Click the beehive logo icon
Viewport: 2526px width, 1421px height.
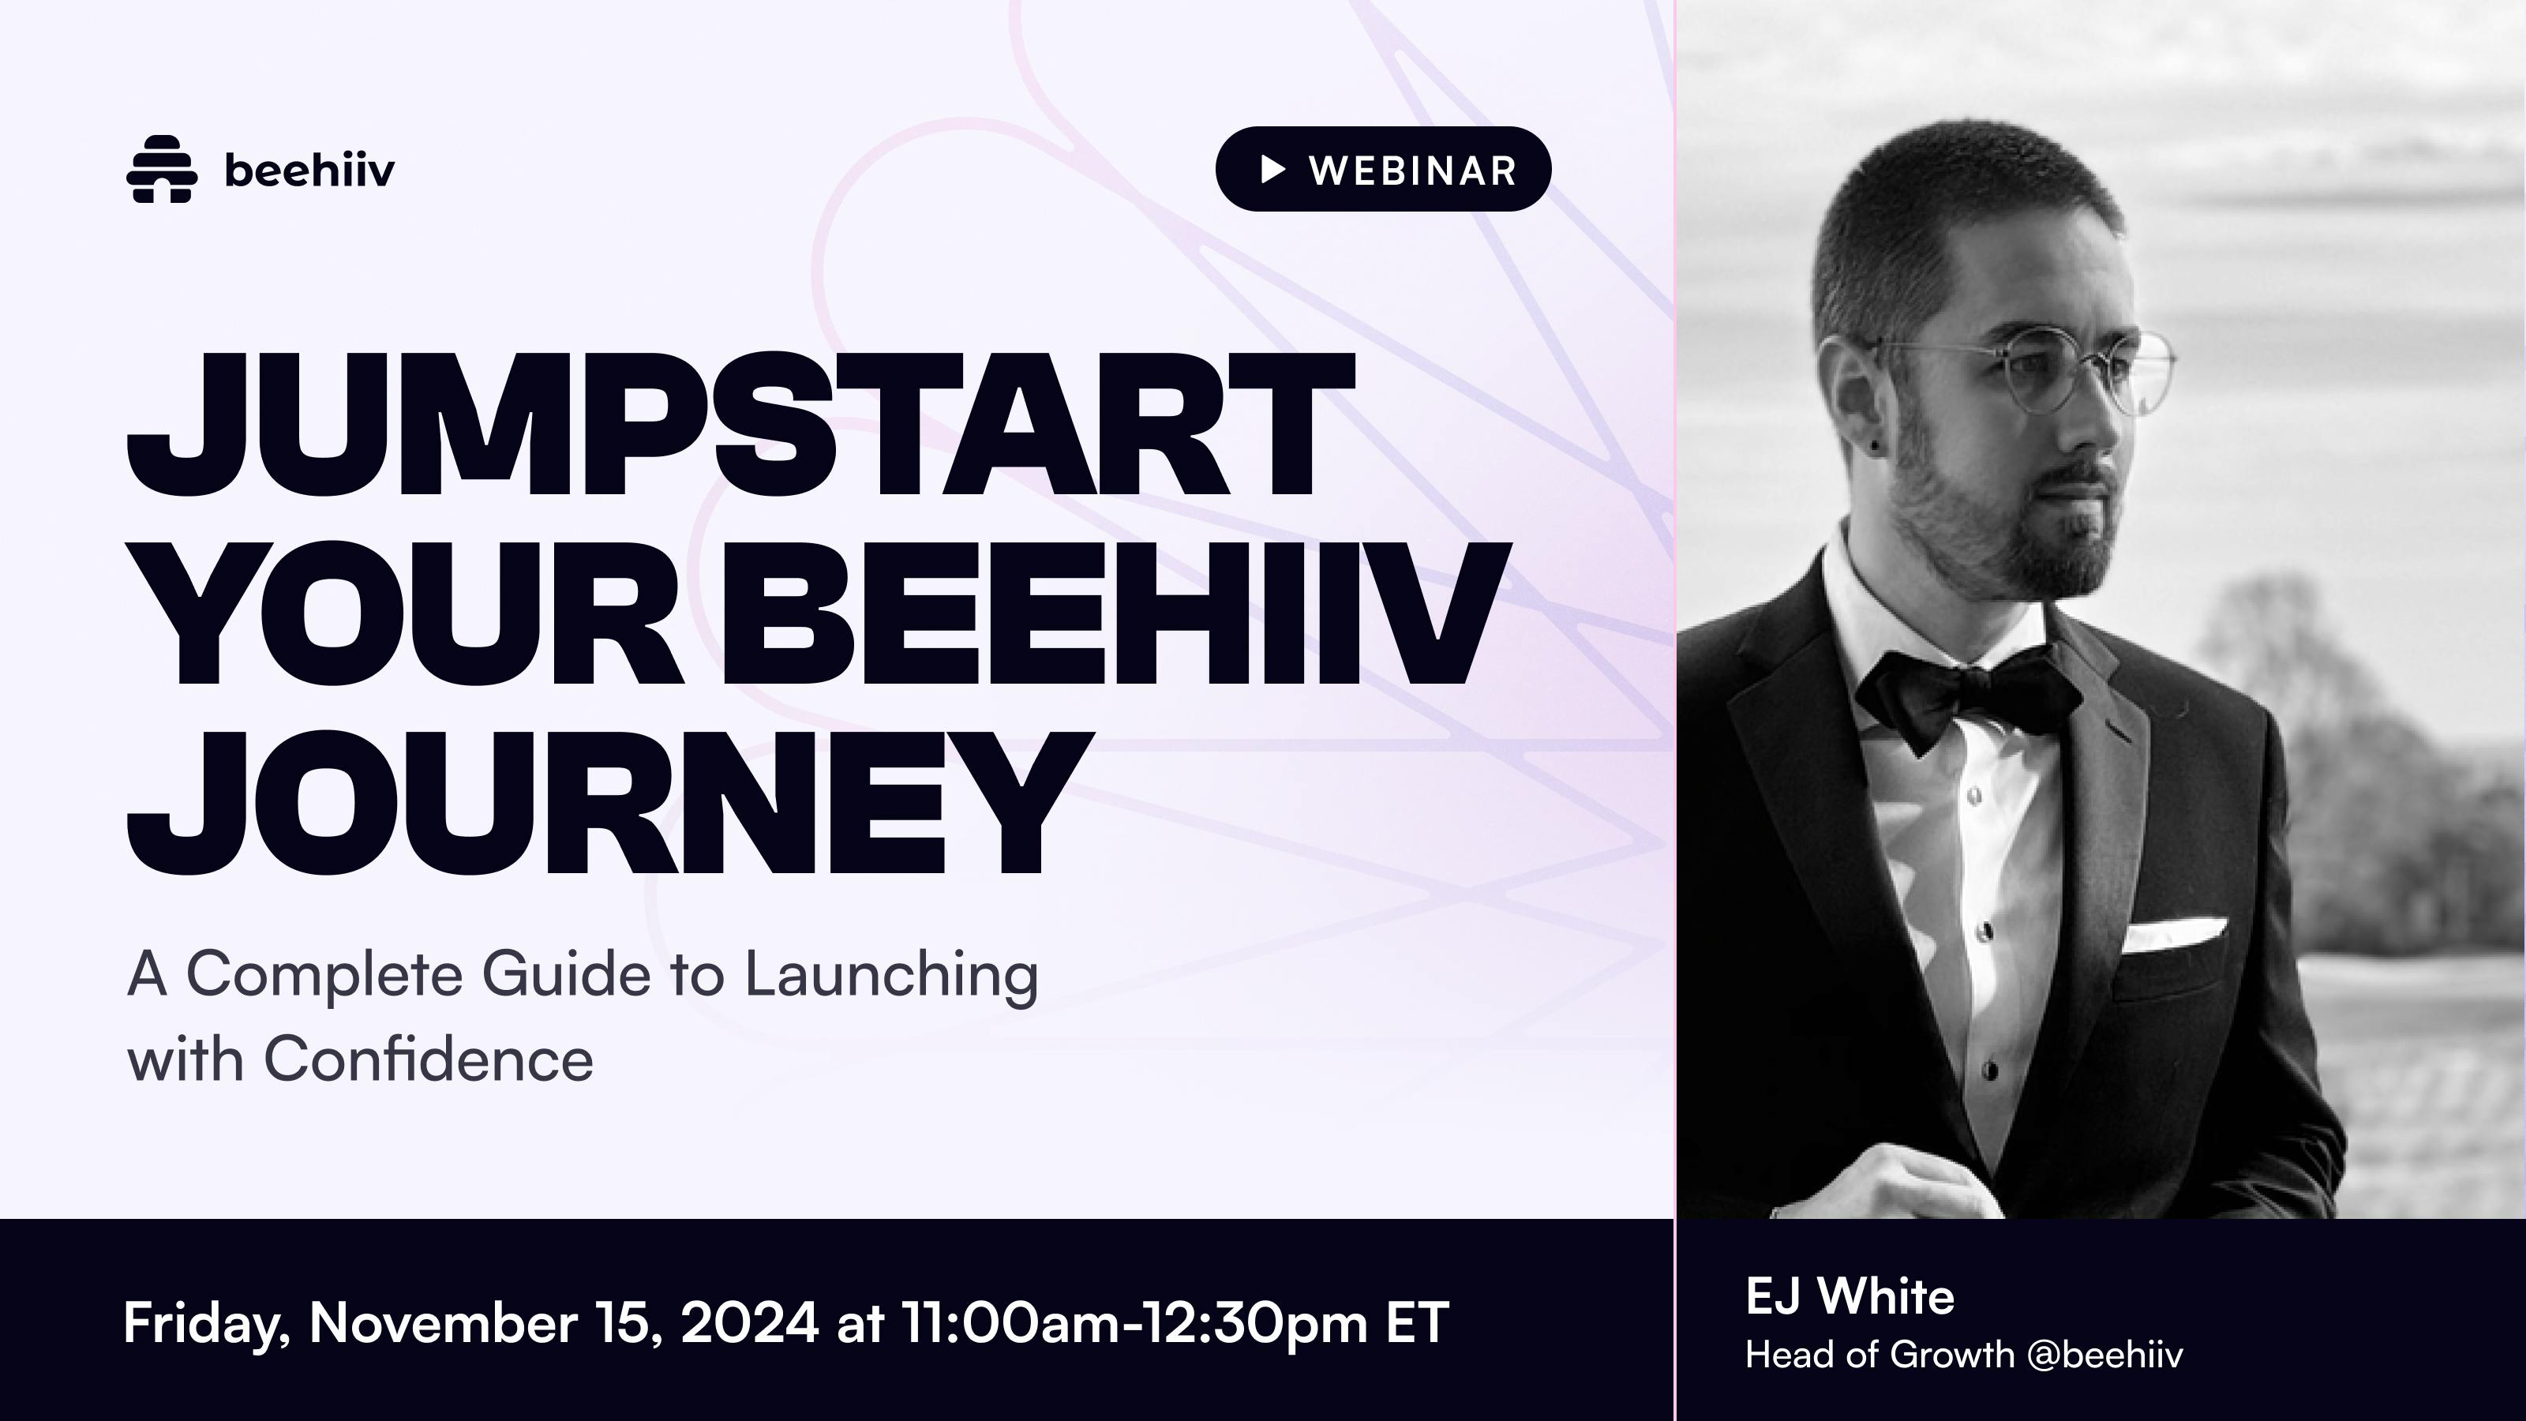point(162,169)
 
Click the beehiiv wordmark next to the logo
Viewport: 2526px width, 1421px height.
point(309,171)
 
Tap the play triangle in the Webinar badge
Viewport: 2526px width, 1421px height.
point(1272,170)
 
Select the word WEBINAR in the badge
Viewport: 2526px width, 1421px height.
point(1413,171)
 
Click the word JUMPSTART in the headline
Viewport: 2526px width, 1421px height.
point(740,426)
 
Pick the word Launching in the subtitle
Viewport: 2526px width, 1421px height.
point(891,977)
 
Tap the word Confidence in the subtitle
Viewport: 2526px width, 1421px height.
point(429,1059)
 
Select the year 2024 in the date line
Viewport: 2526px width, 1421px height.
point(749,1322)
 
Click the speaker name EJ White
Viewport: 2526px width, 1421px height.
point(1850,1296)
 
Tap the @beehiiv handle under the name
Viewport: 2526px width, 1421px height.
point(2100,1355)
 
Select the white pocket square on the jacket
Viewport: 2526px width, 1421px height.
point(2174,932)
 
